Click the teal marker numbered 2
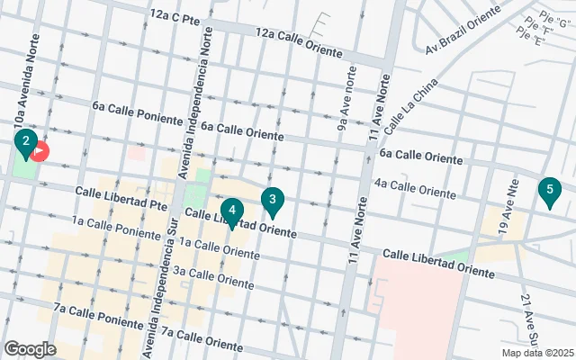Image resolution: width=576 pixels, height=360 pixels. click(x=26, y=142)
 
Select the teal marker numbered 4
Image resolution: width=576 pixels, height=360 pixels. click(x=232, y=212)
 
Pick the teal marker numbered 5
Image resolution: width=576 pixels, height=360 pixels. click(x=547, y=191)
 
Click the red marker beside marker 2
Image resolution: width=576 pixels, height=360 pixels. click(x=41, y=152)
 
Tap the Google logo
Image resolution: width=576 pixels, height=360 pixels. click(x=30, y=348)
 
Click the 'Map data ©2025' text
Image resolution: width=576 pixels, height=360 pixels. click(x=536, y=353)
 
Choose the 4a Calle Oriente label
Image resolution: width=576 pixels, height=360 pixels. click(x=415, y=188)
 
